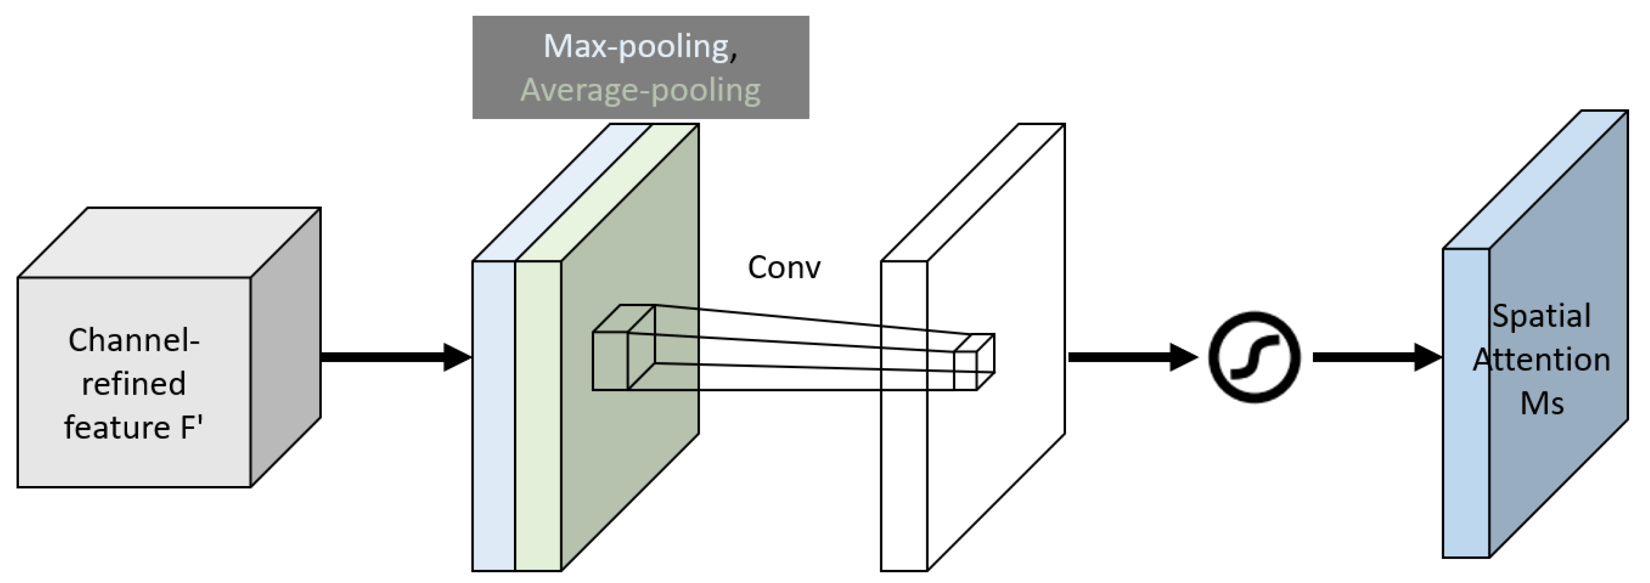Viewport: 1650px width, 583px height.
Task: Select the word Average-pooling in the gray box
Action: (640, 89)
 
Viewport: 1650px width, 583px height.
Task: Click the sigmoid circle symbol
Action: (1254, 357)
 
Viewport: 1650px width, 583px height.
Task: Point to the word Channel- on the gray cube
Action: (134, 340)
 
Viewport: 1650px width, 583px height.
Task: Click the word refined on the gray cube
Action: (134, 384)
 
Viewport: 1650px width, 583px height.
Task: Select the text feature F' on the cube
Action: (134, 427)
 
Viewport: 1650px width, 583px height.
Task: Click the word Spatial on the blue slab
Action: (1541, 316)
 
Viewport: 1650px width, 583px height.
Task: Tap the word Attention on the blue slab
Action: (1541, 360)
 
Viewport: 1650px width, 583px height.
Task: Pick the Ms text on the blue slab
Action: (1541, 403)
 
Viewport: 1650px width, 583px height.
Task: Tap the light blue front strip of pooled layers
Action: (493, 448)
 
